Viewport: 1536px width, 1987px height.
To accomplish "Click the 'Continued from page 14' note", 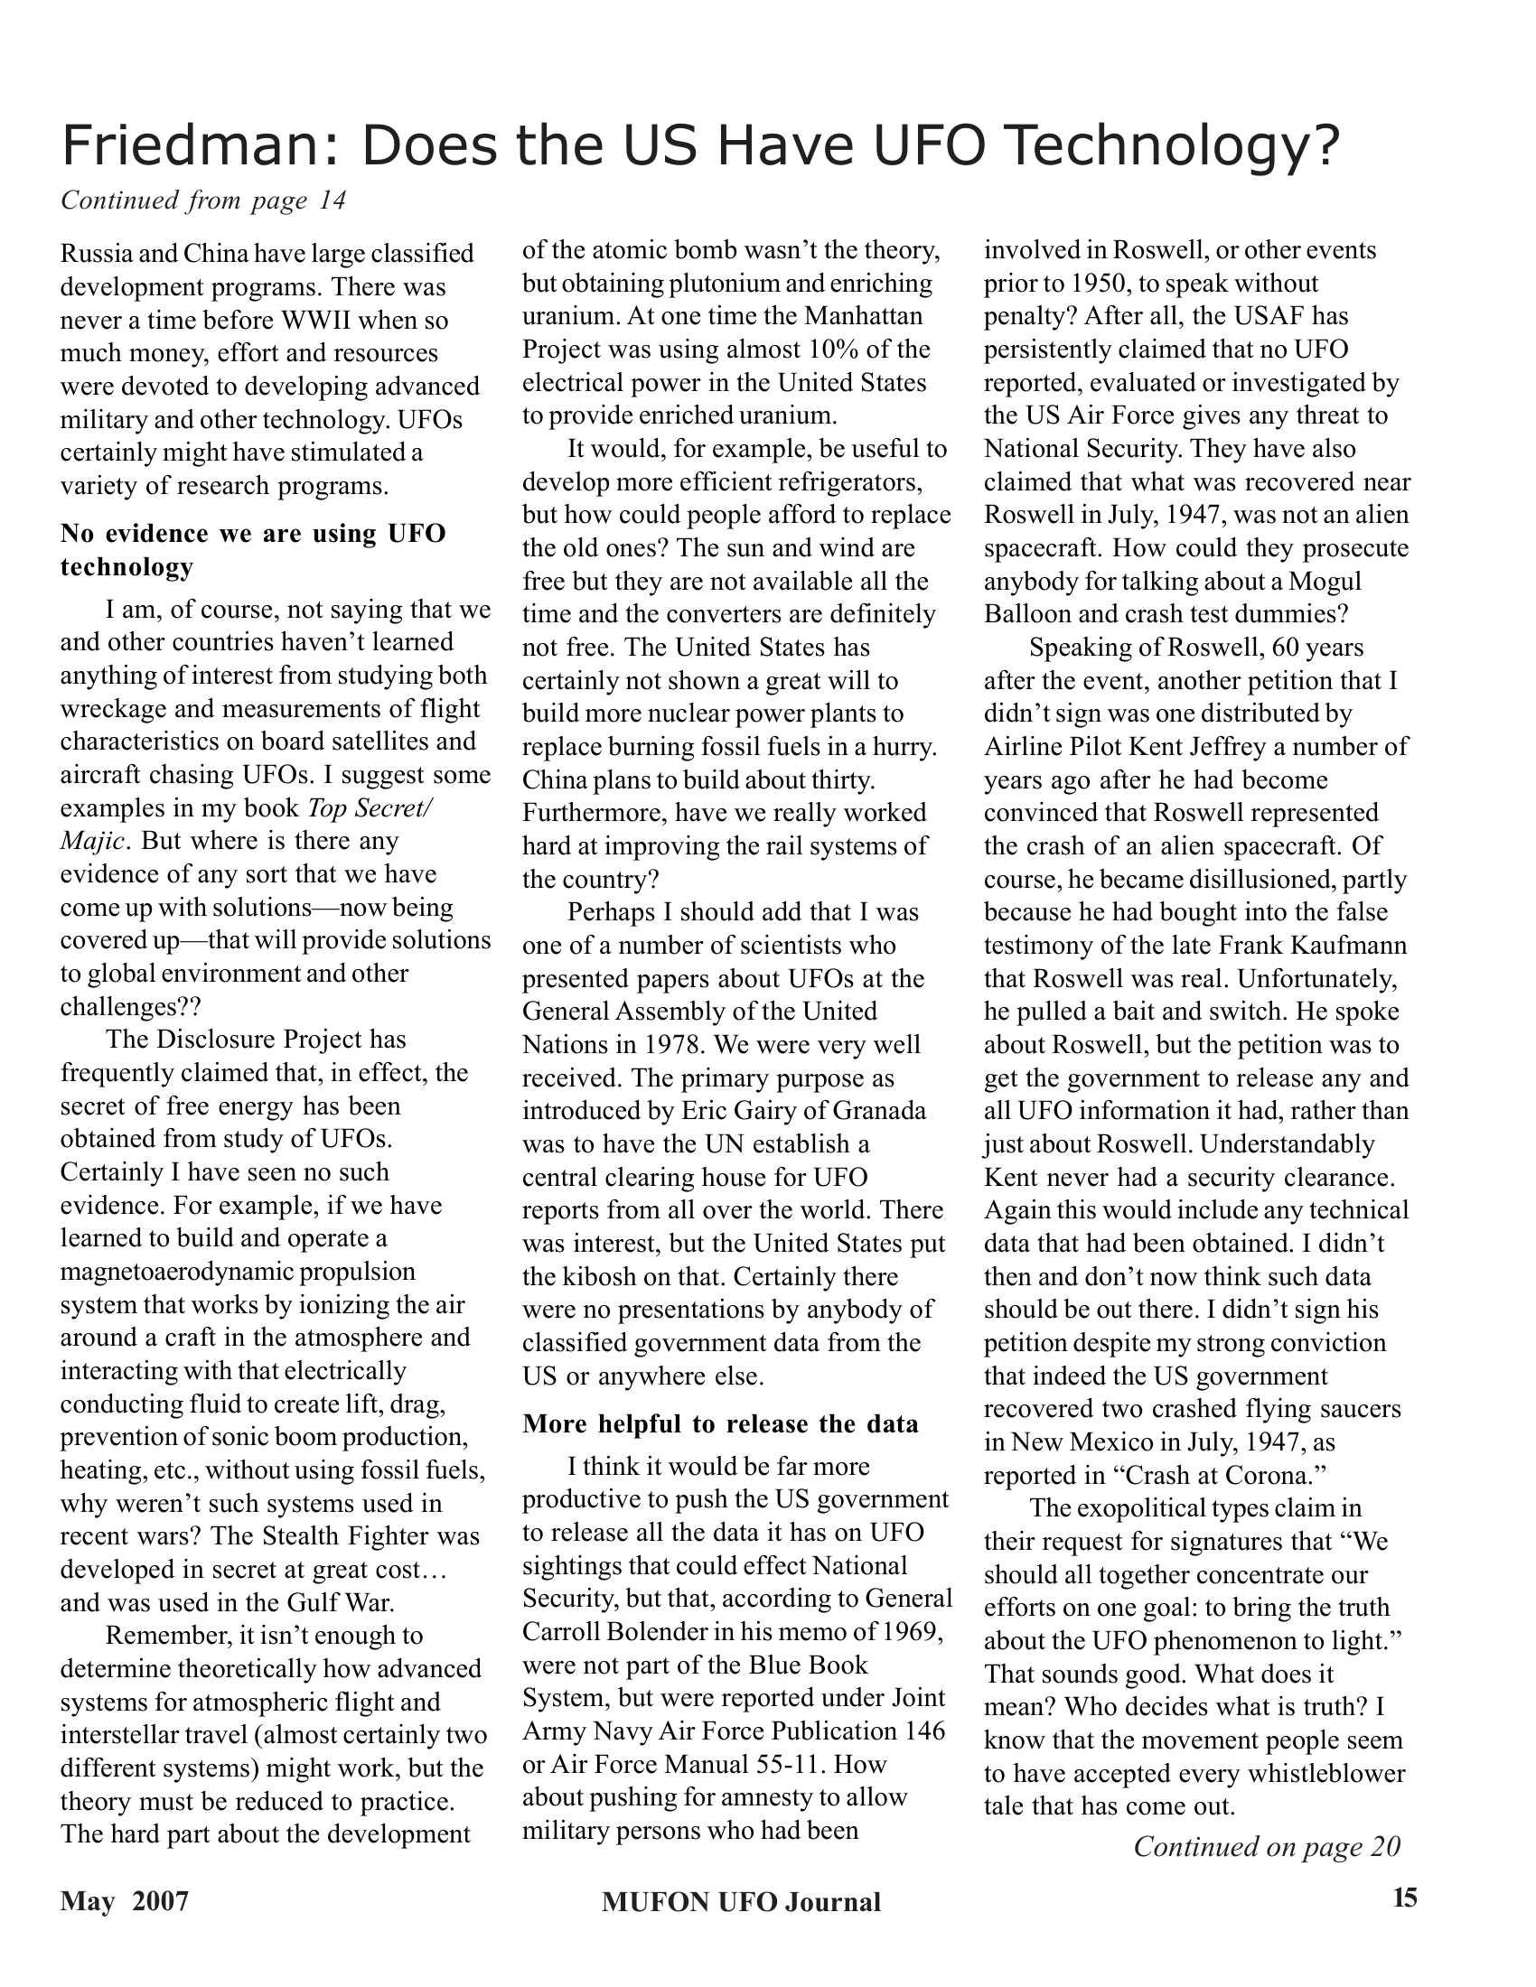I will point(203,201).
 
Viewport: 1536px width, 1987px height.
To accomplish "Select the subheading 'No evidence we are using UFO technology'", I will point(253,549).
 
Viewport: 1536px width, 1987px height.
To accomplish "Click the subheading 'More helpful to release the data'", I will point(720,1423).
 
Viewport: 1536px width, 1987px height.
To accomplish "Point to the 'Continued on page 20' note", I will point(1266,1846).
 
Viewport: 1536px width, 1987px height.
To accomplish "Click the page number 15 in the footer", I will point(1404,1900).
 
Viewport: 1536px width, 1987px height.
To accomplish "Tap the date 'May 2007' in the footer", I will point(125,1901).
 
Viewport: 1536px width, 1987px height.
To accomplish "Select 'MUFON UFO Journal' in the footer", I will point(741,1901).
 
